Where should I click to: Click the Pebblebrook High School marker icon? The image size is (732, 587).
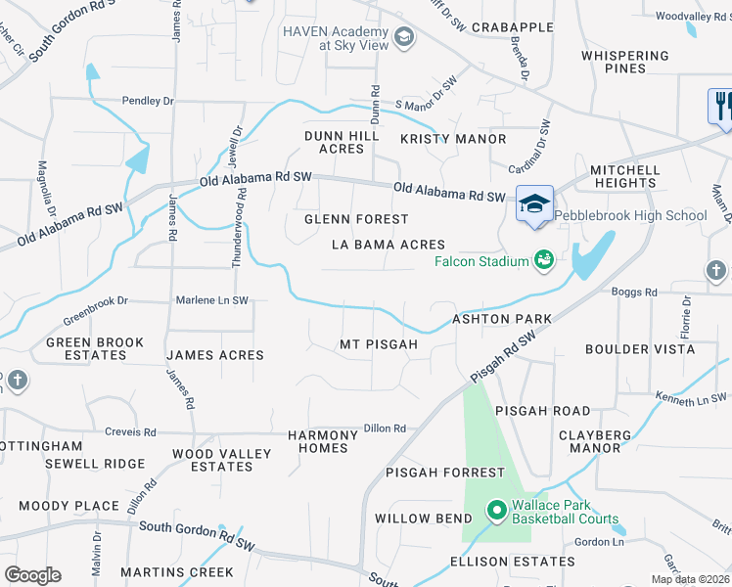[534, 204]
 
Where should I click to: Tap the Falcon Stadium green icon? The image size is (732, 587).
[543, 260]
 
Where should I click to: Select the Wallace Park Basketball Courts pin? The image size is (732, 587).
[496, 511]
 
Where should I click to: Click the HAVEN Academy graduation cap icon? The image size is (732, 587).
[403, 39]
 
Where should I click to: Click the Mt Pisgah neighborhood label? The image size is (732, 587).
[379, 344]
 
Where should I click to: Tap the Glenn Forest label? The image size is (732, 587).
[355, 219]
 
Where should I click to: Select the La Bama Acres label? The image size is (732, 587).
[388, 245]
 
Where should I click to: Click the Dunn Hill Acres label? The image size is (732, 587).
[342, 143]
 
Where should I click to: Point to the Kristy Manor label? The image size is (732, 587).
[453, 139]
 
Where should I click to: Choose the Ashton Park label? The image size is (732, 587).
[501, 319]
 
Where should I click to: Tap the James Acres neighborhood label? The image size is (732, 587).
[215, 355]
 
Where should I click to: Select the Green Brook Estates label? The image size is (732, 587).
[95, 349]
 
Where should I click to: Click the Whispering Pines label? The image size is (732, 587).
[625, 63]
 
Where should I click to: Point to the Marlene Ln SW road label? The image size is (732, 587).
[211, 300]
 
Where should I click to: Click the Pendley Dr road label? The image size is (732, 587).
[148, 100]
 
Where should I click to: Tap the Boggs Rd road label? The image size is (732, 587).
[635, 293]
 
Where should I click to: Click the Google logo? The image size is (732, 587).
[32, 575]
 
